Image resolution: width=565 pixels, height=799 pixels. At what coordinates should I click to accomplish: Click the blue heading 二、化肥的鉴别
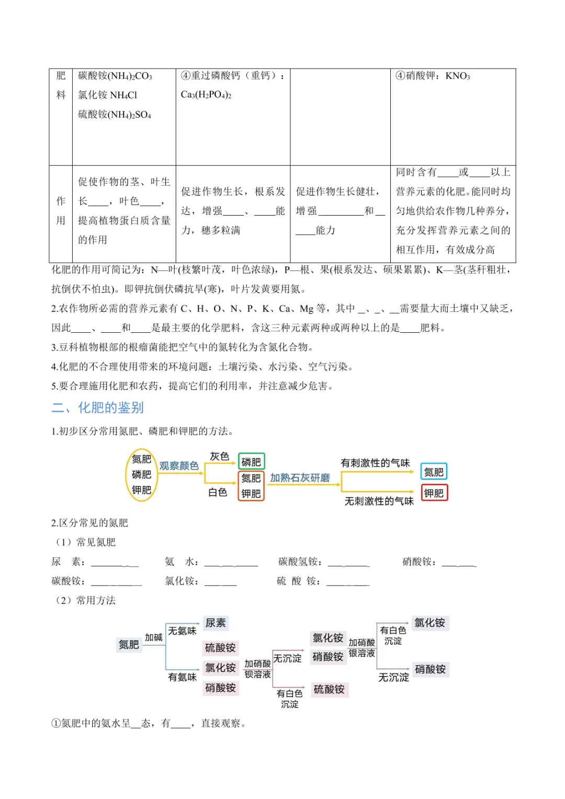coord(98,408)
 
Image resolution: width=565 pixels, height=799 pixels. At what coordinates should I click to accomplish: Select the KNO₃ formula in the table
coord(458,76)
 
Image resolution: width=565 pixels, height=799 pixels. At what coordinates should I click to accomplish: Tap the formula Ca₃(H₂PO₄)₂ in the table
coord(206,95)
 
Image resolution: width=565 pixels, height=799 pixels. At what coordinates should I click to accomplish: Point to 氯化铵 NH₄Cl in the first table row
coord(108,95)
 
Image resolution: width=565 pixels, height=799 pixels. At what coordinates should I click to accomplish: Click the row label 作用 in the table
coord(61,211)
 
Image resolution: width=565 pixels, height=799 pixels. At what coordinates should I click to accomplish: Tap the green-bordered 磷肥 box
coord(251,462)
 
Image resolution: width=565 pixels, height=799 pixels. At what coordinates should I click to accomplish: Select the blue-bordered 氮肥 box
coord(434,472)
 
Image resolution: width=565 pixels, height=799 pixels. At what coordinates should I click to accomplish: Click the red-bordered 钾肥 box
coord(434,493)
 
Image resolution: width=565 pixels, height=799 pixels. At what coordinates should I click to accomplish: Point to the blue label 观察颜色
coord(179,466)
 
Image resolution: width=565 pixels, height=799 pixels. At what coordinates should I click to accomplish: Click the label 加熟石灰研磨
coord(300,478)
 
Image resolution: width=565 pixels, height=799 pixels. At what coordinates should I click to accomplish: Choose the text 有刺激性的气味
coord(375,463)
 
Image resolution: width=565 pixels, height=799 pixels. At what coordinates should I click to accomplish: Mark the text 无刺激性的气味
coord(379,501)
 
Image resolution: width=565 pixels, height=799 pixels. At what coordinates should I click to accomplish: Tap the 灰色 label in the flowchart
coord(219,456)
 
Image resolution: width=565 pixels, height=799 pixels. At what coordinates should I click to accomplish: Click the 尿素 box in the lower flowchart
coord(216,623)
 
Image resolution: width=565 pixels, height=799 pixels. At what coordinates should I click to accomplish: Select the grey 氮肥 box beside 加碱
coord(129,645)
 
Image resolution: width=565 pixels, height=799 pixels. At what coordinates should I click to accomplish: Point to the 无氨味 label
coord(182,631)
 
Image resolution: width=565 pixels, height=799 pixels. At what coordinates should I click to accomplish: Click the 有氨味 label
coord(182,677)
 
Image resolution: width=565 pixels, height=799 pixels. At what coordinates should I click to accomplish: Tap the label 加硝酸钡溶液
coord(257,669)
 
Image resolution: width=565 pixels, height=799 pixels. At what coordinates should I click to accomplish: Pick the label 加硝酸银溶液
coord(361,648)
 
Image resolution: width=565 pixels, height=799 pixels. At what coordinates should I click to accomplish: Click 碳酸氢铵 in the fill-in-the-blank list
coord(300,562)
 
